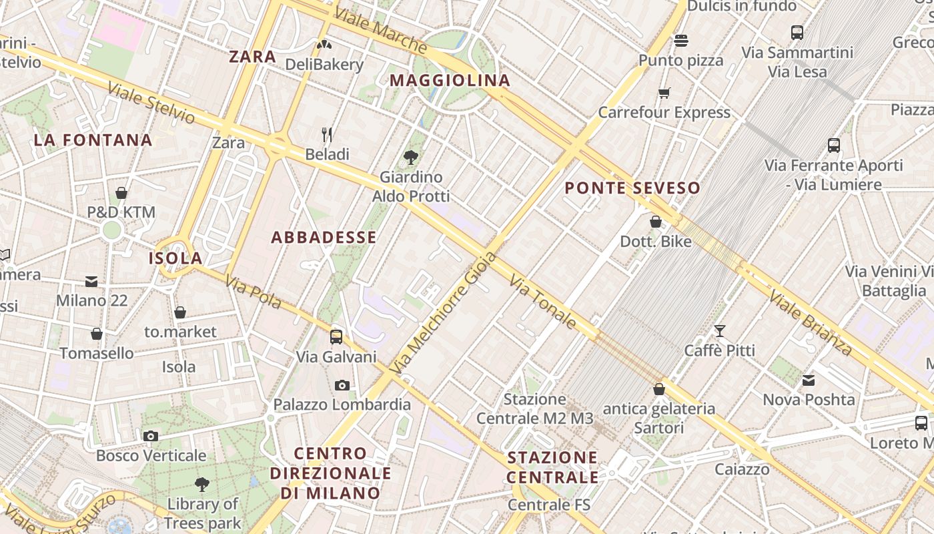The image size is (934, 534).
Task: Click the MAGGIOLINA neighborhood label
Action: [450, 81]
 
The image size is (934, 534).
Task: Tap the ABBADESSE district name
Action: [324, 238]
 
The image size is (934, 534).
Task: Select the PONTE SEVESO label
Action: [632, 188]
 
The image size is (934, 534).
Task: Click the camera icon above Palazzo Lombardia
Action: [342, 385]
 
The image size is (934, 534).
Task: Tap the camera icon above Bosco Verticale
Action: [151, 436]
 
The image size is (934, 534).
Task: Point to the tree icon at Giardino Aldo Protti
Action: [411, 158]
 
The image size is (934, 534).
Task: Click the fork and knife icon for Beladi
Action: [327, 135]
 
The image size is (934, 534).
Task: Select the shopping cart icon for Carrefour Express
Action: [664, 93]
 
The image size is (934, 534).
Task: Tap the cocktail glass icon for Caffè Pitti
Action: [719, 330]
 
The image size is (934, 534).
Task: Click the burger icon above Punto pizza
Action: [680, 41]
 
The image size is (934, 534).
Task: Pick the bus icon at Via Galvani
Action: [336, 337]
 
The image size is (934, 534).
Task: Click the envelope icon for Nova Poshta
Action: [809, 380]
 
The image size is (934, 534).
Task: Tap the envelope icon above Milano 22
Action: [91, 282]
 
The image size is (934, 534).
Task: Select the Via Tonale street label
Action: [542, 300]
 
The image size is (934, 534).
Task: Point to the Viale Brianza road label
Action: [810, 323]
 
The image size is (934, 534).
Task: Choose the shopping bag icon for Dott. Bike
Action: [656, 222]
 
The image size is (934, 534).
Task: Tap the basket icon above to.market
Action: [180, 312]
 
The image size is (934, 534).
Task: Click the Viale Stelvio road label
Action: [151, 103]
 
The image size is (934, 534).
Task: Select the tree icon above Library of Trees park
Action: [202, 484]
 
